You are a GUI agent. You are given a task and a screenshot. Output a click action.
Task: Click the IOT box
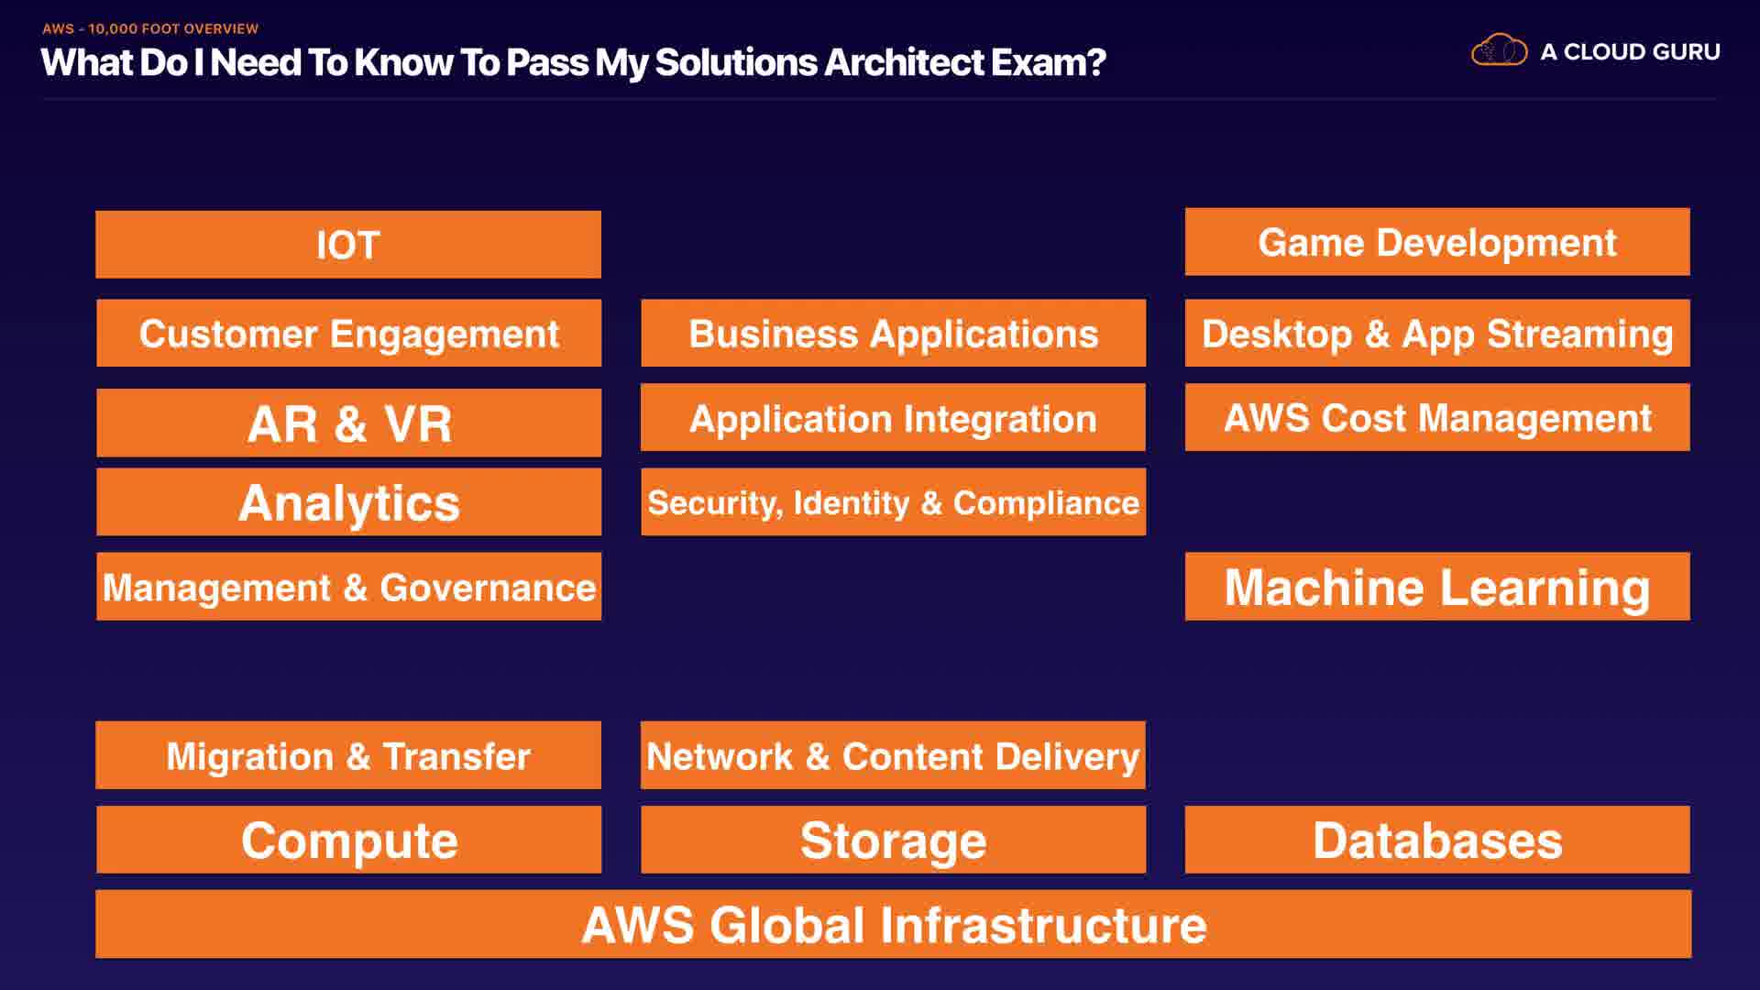(348, 245)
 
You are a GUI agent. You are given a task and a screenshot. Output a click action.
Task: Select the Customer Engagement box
(348, 333)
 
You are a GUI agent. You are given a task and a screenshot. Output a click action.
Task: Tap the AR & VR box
(348, 423)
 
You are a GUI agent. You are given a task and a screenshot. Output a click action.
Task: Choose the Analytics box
(348, 502)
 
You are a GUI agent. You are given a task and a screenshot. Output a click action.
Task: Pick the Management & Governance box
(348, 587)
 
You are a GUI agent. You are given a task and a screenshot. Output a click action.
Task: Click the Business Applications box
(893, 333)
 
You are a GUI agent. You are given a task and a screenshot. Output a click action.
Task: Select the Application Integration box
(893, 418)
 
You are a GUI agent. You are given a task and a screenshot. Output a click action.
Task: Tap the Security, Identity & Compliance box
(893, 502)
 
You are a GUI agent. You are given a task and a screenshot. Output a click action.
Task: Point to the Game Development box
(1436, 242)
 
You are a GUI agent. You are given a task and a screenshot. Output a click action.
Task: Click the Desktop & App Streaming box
(1436, 333)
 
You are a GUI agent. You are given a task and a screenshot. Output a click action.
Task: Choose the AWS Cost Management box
(1436, 418)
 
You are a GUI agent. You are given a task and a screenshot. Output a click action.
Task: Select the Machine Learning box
(1436, 587)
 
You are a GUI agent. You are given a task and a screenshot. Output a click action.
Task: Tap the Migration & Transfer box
(348, 755)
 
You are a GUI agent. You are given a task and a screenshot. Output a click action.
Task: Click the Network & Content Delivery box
(893, 755)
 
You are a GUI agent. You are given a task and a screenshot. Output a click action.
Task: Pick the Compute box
(348, 840)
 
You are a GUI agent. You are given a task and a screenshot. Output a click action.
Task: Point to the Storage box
(893, 840)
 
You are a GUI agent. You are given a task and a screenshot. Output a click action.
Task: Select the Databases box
(1436, 840)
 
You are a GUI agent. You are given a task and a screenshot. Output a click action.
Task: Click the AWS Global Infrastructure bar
(893, 924)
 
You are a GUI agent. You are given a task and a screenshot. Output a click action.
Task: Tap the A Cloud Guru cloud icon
(1499, 50)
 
